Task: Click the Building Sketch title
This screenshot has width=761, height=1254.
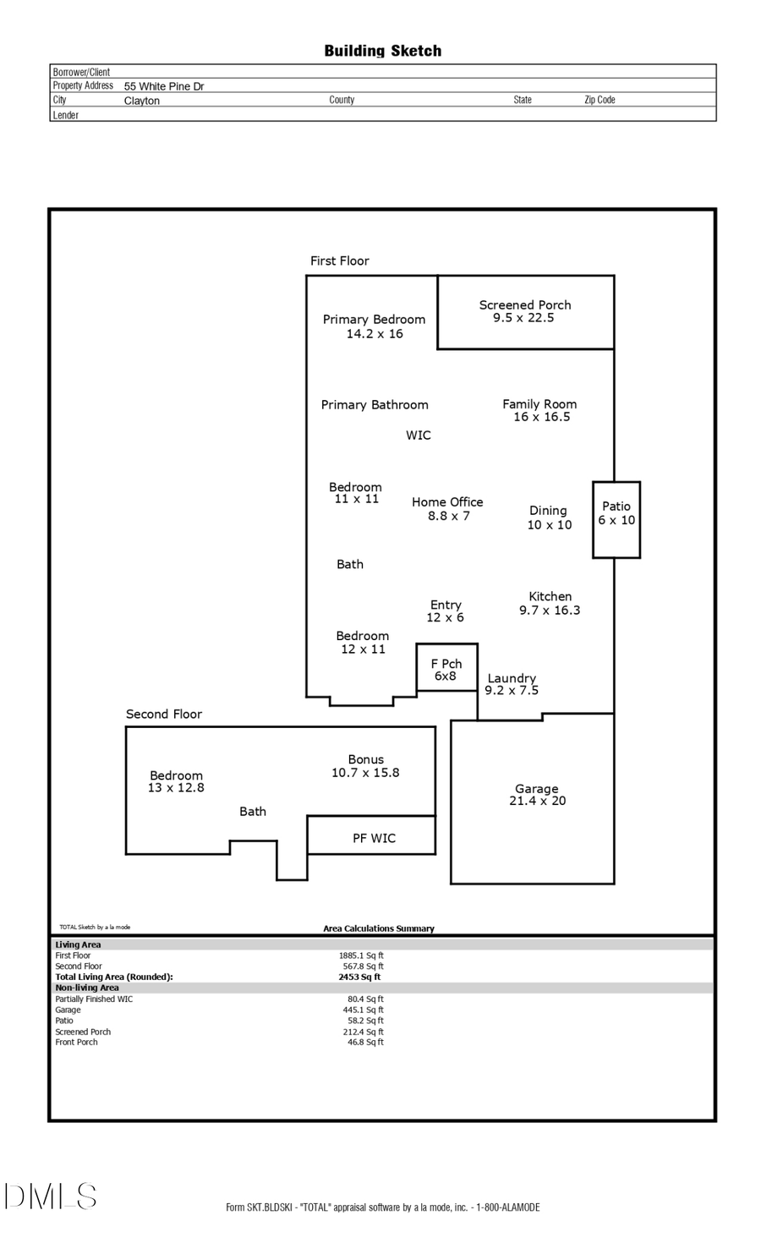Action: click(x=382, y=51)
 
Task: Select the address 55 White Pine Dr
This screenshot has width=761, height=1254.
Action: click(x=164, y=86)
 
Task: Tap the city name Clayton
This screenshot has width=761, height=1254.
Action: click(x=142, y=101)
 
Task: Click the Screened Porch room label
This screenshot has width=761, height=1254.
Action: click(x=524, y=311)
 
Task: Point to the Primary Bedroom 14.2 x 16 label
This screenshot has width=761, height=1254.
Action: click(x=374, y=326)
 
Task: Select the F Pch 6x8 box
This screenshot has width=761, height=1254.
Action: click(x=446, y=670)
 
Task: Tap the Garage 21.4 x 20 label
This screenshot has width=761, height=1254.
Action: click(x=537, y=795)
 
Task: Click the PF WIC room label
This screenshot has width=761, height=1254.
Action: click(x=374, y=838)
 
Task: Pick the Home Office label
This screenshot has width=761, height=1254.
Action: click(x=447, y=508)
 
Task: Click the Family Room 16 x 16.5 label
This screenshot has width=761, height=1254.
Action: click(x=539, y=410)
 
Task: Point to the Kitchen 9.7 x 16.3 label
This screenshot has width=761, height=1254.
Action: click(x=550, y=603)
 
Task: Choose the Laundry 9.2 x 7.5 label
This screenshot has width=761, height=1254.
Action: click(x=512, y=684)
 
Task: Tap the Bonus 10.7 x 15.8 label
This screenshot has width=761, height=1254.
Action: click(x=365, y=766)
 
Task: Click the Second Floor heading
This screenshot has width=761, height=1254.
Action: click(x=164, y=714)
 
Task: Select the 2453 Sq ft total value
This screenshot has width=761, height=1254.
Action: click(x=359, y=977)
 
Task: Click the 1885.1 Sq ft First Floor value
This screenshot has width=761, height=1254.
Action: click(x=361, y=956)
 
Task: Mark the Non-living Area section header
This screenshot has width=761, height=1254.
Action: click(x=87, y=988)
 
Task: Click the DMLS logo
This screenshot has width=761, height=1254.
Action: click(x=51, y=1197)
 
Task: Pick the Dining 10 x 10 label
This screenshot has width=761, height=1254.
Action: click(x=549, y=517)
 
